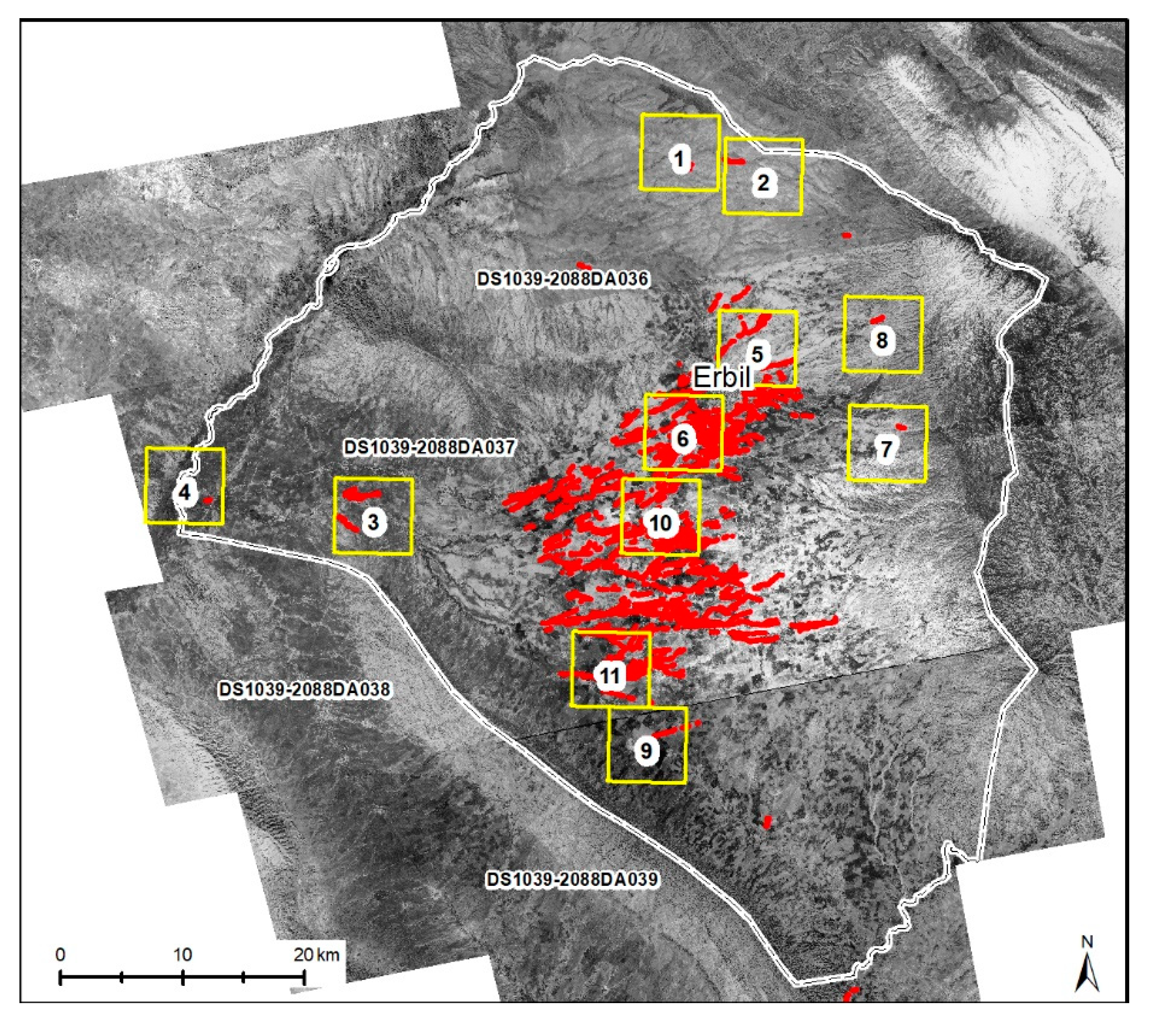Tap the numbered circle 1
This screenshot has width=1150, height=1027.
tap(680, 159)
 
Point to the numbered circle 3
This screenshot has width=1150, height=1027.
tap(372, 522)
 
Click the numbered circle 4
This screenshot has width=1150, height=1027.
tap(184, 493)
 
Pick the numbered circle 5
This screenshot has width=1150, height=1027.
tap(757, 354)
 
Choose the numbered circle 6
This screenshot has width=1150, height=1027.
tap(683, 438)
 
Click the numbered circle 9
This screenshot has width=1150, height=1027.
tap(646, 751)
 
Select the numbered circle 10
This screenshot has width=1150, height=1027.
tap(661, 523)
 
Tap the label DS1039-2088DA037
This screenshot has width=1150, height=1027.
tap(429, 448)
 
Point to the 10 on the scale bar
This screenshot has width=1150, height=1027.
tap(182, 955)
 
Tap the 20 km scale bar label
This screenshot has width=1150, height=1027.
tap(316, 955)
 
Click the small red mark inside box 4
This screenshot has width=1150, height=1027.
tap(208, 500)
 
